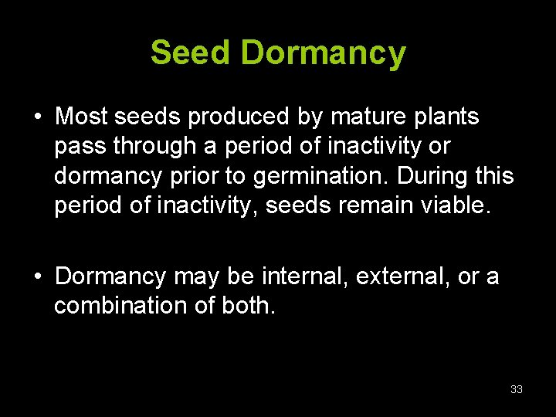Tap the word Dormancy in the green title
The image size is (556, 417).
pos(323,53)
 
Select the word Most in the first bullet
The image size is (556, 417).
pos(81,117)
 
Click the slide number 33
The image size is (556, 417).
pos(517,389)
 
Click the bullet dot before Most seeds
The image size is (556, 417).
pos(37,118)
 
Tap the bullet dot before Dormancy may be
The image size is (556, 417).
pos(37,276)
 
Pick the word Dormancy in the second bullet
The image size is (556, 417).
pos(110,276)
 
